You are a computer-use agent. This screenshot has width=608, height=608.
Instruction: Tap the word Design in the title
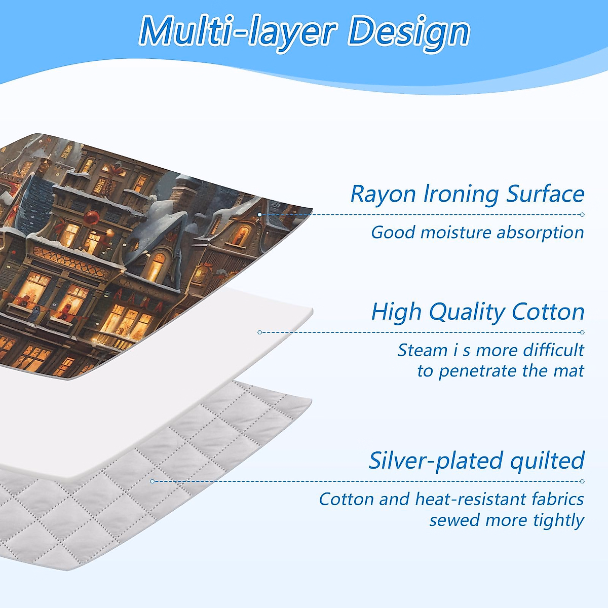[x=408, y=33]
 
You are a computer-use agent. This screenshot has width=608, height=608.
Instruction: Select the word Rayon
[x=383, y=195]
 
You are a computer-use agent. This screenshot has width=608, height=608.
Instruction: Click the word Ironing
[x=461, y=195]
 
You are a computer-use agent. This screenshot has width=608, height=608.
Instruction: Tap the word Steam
[x=422, y=350]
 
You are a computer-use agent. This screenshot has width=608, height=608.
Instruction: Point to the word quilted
[x=547, y=460]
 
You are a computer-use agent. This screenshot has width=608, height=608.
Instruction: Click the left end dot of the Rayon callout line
[x=260, y=214]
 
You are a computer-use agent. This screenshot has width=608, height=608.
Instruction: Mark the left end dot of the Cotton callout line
[x=260, y=332]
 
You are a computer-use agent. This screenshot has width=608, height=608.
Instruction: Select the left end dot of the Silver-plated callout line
[x=153, y=481]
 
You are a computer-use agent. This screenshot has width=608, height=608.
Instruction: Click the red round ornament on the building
[x=92, y=217]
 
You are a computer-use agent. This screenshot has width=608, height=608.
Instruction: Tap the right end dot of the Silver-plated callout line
[x=582, y=481]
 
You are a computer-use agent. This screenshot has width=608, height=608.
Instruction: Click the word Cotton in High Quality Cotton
[x=548, y=312]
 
